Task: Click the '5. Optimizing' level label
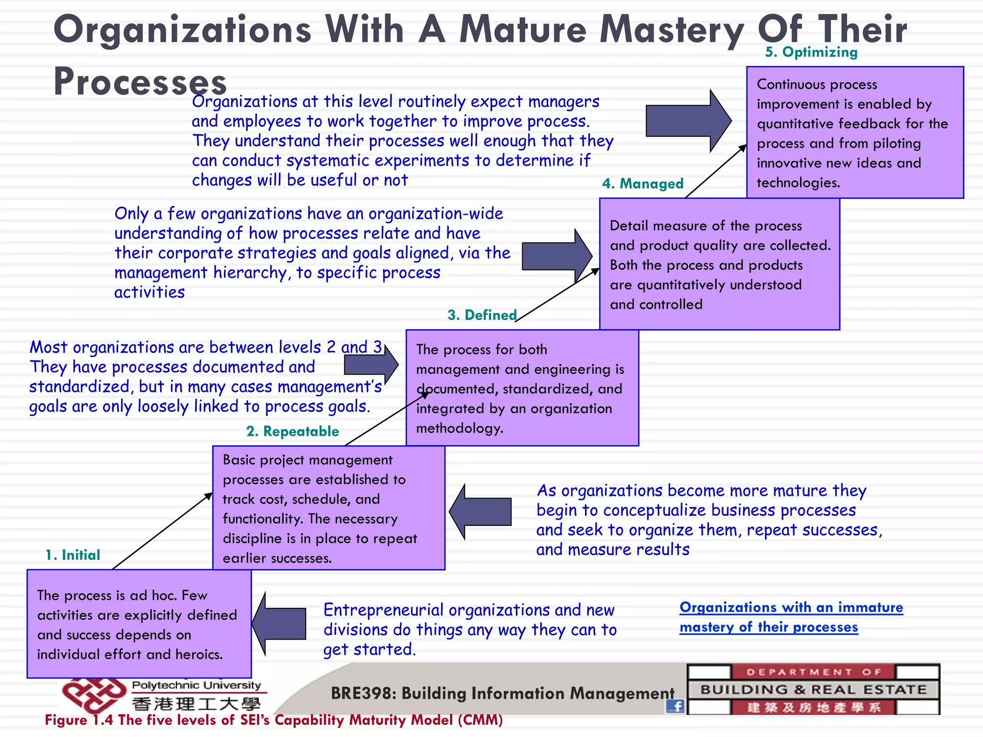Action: (811, 52)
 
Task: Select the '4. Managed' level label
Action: (643, 183)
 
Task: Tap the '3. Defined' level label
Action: (482, 315)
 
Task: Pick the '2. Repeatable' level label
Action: (292, 431)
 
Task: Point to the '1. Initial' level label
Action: (73, 555)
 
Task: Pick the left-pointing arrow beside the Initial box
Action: (280, 624)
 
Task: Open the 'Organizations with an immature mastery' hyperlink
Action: (791, 617)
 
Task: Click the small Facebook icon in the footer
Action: (675, 706)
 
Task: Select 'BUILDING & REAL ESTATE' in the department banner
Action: (813, 690)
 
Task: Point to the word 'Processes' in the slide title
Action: (140, 82)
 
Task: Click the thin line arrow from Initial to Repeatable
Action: (162, 531)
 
